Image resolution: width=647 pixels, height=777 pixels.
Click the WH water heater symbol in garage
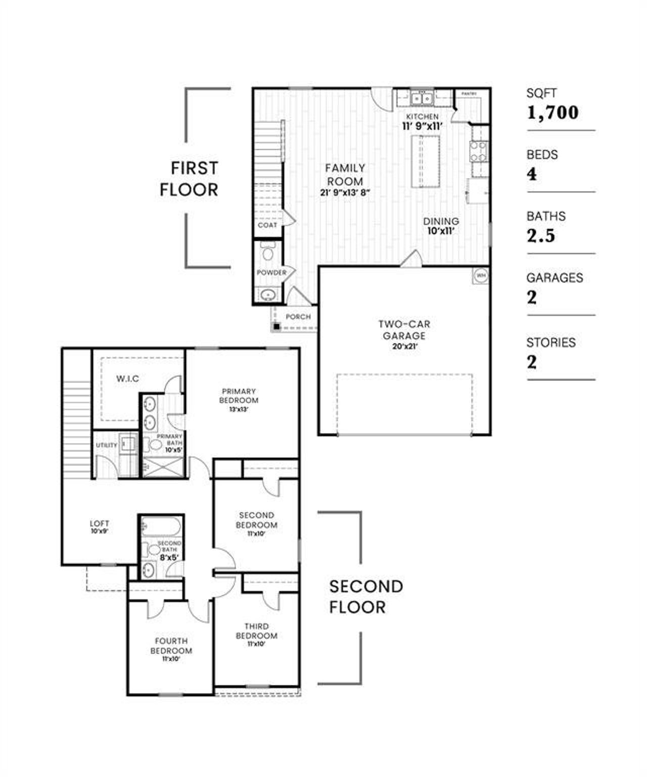pos(480,276)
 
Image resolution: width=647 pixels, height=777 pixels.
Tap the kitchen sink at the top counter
pos(421,98)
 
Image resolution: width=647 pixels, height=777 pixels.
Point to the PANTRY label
pos(469,94)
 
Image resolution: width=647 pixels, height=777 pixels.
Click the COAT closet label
pos(267,225)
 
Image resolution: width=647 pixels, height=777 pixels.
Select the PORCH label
pos(298,317)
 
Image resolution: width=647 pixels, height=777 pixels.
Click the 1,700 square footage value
pos(552,112)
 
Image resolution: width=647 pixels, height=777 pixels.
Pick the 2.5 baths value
pos(541,236)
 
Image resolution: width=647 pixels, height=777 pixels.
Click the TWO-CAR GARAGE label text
pos(404,330)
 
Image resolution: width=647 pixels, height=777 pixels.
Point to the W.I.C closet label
pos(127,378)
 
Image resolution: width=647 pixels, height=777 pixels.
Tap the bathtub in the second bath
pos(160,527)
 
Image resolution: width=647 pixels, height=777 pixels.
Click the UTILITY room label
pos(107,445)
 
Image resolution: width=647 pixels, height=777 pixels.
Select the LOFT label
pos(99,524)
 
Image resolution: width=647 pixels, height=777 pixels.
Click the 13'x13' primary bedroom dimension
pos(239,409)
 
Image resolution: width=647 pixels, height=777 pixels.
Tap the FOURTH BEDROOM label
pos(171,645)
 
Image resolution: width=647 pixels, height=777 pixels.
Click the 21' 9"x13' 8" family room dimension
pos(345,192)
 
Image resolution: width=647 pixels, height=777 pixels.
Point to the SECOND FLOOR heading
pos(366,596)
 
